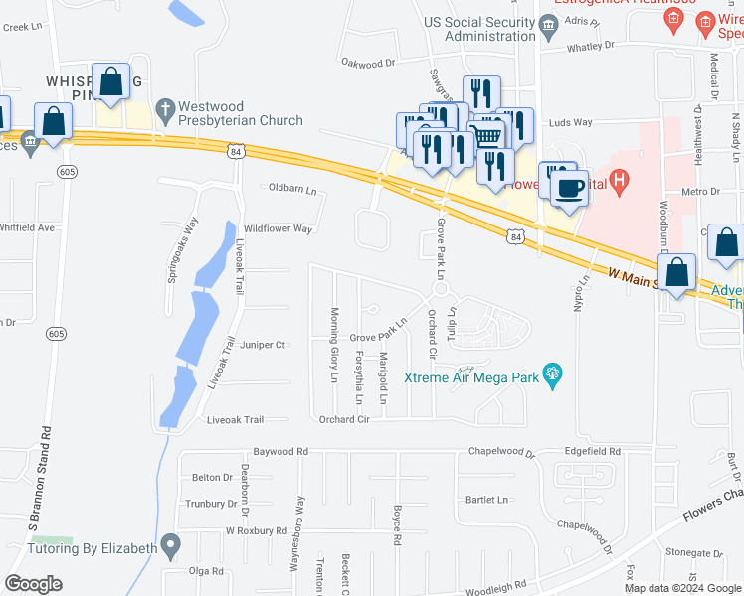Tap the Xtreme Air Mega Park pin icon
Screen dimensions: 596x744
coord(555,375)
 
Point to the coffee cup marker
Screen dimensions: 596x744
coord(569,186)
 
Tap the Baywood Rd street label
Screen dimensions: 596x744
coord(280,451)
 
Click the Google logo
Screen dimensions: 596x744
coord(33,584)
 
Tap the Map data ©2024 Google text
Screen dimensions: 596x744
coord(681,587)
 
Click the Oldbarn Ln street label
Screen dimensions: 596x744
coord(292,188)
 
